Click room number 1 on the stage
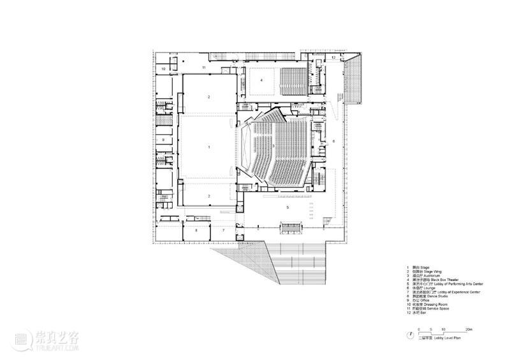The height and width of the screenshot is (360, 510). [208, 147]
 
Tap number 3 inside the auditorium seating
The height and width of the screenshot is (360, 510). [273, 146]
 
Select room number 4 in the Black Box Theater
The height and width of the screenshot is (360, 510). [261, 80]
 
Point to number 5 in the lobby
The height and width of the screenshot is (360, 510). [288, 208]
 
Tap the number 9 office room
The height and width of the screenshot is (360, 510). [163, 139]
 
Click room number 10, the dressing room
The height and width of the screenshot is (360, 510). [163, 68]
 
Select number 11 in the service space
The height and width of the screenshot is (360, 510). [204, 66]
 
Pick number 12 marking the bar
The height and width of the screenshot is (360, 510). [334, 57]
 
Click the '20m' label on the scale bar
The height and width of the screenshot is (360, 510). [469, 328]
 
